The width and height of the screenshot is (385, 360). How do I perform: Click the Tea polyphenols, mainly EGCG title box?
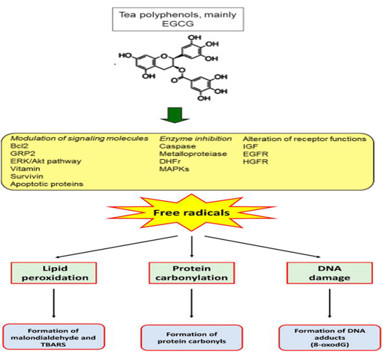pyautogui.click(x=178, y=19)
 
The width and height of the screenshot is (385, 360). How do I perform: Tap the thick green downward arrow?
pyautogui.click(x=175, y=115)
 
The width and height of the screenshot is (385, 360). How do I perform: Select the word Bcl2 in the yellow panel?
pyautogui.click(x=20, y=146)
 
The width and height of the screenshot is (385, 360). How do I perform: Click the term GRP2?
pyautogui.click(x=23, y=154)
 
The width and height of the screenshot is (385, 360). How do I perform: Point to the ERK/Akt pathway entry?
pyautogui.click(x=46, y=161)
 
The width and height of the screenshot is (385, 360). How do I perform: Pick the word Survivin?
pyautogui.click(x=27, y=176)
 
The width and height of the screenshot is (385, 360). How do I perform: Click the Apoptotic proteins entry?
pyautogui.click(x=47, y=184)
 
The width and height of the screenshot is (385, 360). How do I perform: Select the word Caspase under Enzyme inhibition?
pyautogui.click(x=178, y=146)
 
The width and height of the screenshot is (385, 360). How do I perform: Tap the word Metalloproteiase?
pyautogui.click(x=193, y=154)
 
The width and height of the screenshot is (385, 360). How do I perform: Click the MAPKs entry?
pyautogui.click(x=174, y=169)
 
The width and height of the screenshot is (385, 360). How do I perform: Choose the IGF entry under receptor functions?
pyautogui.click(x=251, y=146)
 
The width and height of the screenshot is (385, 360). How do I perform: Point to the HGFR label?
pyautogui.click(x=256, y=161)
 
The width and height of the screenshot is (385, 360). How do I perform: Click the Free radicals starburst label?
pyautogui.click(x=191, y=213)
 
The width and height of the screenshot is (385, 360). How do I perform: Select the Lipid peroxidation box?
pyautogui.click(x=54, y=273)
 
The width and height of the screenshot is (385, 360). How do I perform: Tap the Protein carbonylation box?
pyautogui.click(x=191, y=273)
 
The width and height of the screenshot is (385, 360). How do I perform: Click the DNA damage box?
pyautogui.click(x=329, y=273)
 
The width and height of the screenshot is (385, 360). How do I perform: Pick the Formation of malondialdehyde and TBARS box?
pyautogui.click(x=53, y=337)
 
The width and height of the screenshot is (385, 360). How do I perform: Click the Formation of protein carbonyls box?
pyautogui.click(x=191, y=337)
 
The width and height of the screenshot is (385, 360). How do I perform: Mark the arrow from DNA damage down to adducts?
pyautogui.click(x=329, y=303)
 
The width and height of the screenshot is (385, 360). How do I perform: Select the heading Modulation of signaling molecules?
pyautogui.click(x=80, y=139)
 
